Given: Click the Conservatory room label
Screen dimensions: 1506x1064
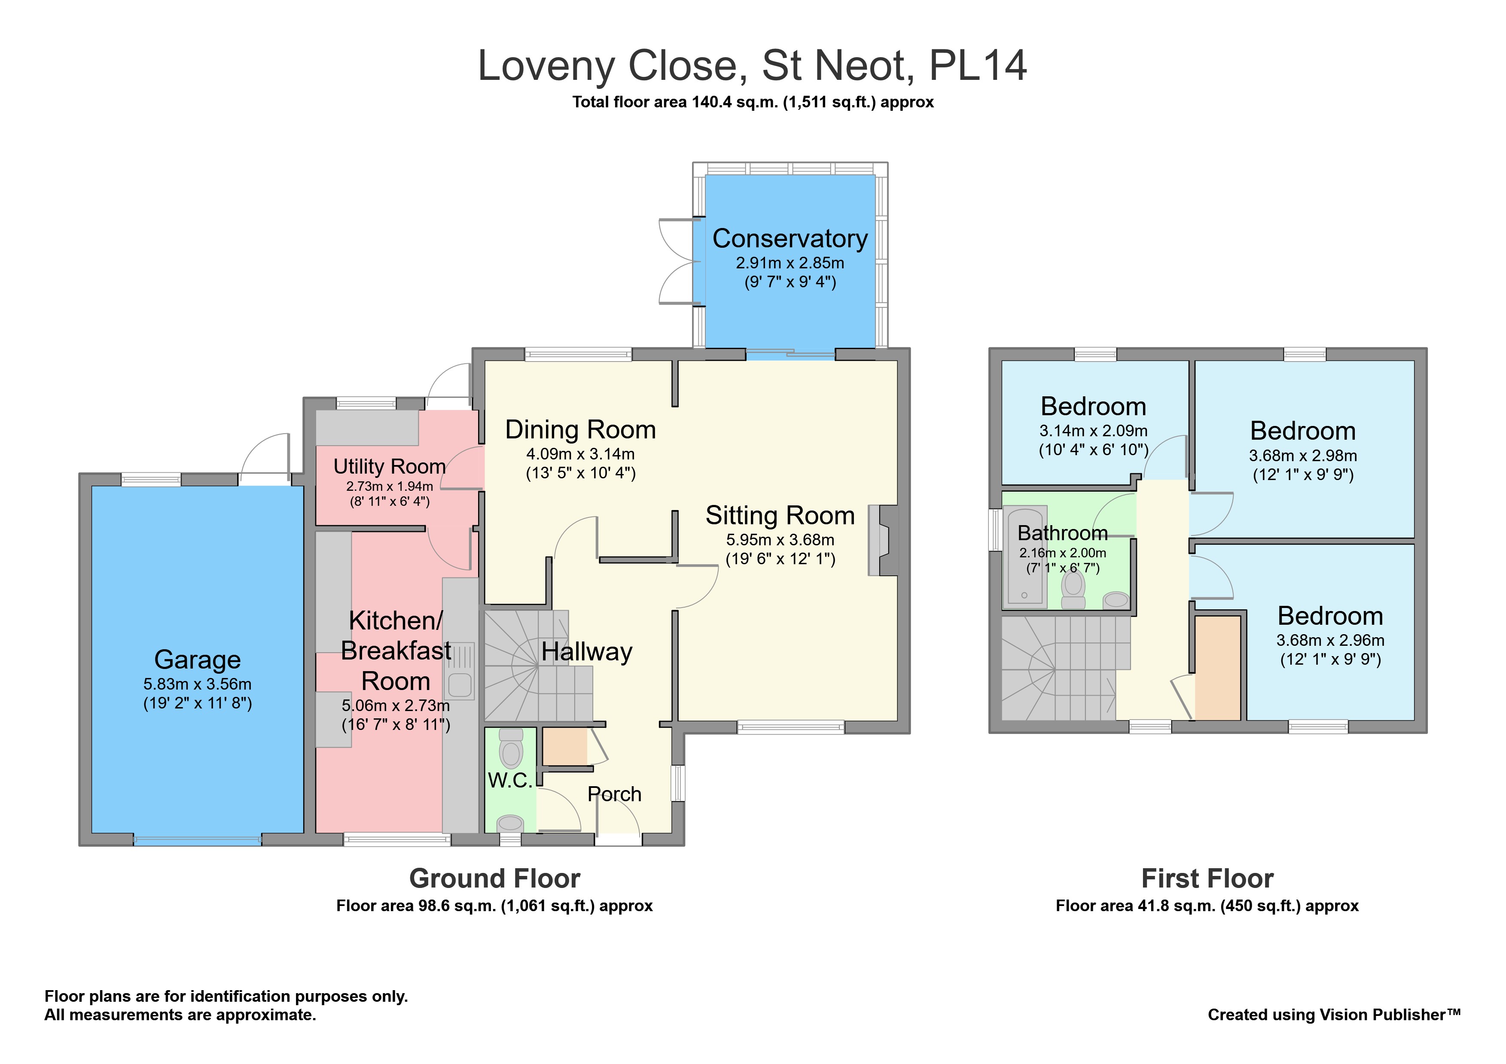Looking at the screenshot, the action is (790, 239).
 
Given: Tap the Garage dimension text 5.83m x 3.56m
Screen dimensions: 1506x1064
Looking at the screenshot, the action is (198, 684).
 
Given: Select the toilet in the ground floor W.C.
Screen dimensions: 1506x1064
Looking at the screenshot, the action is (511, 749).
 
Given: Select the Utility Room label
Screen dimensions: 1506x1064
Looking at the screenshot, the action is (390, 466).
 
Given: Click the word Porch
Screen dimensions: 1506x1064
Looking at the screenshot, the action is (615, 794).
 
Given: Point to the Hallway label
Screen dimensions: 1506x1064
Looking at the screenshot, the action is (587, 652).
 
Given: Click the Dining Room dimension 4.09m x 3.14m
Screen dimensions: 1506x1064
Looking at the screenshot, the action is (580, 454).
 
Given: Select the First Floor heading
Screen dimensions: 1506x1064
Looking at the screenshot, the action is (1207, 879).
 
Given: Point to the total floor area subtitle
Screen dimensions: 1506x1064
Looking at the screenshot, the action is (753, 102).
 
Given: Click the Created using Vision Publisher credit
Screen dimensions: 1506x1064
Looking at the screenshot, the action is (1334, 1015).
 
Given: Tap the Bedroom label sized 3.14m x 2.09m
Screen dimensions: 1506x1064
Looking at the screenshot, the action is (1094, 407).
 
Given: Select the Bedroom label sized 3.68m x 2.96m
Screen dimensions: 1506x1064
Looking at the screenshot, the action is (1330, 616).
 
